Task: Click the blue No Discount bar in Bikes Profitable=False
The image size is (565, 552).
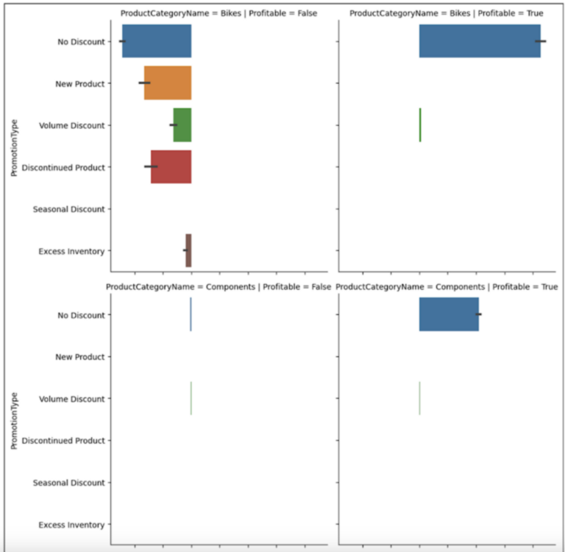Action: [157, 41]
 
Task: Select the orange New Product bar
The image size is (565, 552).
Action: [168, 83]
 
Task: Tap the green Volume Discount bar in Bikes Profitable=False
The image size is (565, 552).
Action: [182, 125]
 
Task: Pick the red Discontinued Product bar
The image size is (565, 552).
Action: [171, 167]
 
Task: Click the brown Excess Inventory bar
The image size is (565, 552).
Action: [188, 250]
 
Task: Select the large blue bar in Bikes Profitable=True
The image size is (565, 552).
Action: [480, 41]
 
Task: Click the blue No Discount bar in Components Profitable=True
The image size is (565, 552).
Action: [449, 315]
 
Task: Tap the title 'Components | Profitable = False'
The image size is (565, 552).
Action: [218, 286]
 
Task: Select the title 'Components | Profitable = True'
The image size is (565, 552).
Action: [447, 286]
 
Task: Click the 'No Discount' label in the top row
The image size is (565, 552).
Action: [81, 42]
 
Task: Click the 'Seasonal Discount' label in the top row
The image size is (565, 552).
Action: [69, 209]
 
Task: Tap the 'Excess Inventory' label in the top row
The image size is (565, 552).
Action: [71, 252]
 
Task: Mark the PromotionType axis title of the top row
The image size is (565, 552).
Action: [15, 147]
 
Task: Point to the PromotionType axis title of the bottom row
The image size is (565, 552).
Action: [15, 420]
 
